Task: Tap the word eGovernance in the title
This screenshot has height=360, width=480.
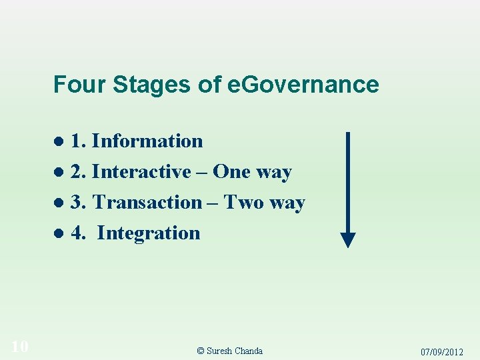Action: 303,85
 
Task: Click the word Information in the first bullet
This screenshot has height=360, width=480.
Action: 147,141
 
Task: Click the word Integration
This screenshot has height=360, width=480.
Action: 149,233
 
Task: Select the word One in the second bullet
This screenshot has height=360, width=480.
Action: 232,172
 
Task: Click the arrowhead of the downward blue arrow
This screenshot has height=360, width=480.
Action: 348,239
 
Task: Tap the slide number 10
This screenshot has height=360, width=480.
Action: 19,345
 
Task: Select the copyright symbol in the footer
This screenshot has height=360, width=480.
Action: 201,351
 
